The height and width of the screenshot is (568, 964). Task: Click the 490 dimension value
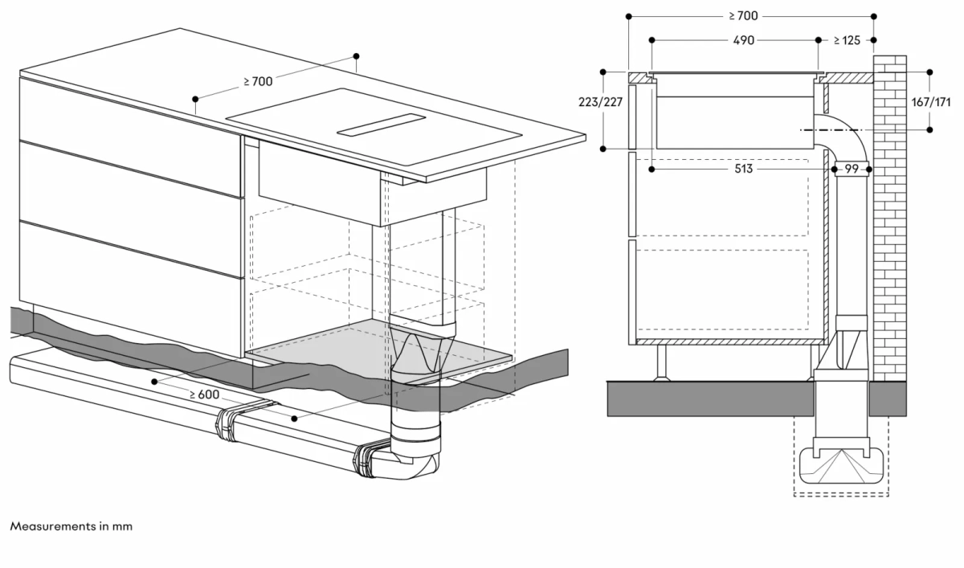(743, 40)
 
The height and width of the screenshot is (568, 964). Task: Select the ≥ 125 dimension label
(847, 40)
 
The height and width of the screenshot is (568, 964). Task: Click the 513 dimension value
(743, 170)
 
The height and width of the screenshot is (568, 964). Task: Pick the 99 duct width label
(852, 170)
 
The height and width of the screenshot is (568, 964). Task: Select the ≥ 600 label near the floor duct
(205, 394)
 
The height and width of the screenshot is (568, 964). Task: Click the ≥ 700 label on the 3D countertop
(258, 82)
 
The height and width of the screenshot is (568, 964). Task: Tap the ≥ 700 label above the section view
(743, 15)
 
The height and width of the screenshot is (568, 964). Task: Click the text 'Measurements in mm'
(71, 526)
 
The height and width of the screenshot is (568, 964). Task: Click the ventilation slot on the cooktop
(381, 125)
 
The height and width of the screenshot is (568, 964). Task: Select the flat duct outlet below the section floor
(841, 465)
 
